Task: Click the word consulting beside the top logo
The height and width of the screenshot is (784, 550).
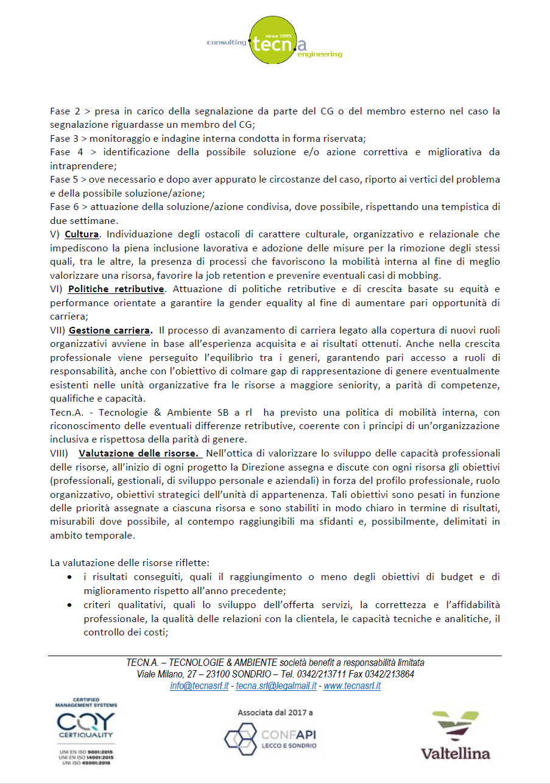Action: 227,43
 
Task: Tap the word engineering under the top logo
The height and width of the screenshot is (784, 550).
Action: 320,55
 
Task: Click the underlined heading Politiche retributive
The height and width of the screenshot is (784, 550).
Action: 116,289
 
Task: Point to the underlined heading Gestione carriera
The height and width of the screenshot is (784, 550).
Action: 110,331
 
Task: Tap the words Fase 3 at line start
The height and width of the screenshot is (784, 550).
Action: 63,138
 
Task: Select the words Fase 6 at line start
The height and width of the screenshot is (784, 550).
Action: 63,207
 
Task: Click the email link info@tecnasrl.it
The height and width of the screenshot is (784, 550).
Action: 199,686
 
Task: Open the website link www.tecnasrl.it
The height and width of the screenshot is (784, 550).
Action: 352,686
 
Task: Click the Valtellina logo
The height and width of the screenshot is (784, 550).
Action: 455,735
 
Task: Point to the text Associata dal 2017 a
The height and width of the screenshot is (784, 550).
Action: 275,712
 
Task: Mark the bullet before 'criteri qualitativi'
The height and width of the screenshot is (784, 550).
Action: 72,605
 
